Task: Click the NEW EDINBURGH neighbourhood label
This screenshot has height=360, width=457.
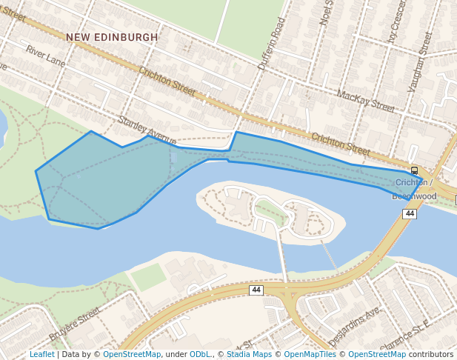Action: pyautogui.click(x=112, y=37)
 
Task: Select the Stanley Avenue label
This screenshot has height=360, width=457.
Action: pyautogui.click(x=147, y=130)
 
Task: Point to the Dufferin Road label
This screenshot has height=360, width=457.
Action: pyautogui.click(x=271, y=44)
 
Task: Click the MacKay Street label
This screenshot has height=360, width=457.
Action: pyautogui.click(x=366, y=101)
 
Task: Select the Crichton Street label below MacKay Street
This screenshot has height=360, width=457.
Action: pyautogui.click(x=340, y=144)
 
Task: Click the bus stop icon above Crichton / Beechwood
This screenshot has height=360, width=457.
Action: pyautogui.click(x=414, y=170)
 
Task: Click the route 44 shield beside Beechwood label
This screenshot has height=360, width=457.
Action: pyautogui.click(x=409, y=213)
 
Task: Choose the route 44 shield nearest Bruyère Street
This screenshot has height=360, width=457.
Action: pyautogui.click(x=256, y=290)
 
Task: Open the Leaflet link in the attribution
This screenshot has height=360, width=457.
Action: pyautogui.click(x=41, y=354)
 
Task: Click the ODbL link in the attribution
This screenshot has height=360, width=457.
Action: pyautogui.click(x=201, y=354)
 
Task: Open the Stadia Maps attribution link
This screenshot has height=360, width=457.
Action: pyautogui.click(x=248, y=354)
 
